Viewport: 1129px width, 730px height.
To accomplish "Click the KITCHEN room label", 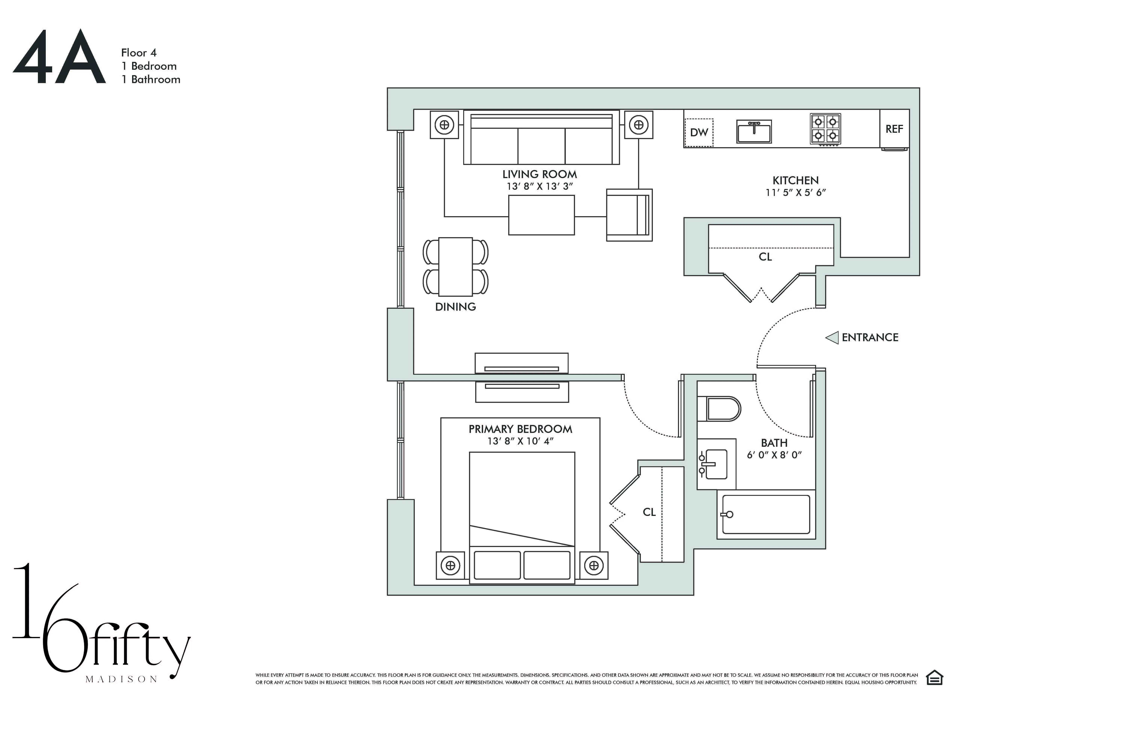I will (795, 181).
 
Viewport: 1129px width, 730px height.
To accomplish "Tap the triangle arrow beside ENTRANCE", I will (832, 337).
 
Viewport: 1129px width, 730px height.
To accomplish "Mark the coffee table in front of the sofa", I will (541, 215).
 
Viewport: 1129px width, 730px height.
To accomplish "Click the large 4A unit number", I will (59, 58).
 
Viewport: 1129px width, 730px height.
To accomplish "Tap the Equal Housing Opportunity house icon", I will (934, 678).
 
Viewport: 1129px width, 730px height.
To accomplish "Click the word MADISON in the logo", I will (121, 679).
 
